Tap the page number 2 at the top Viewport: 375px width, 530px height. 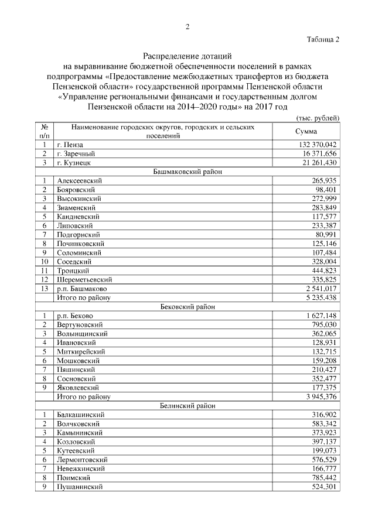pyautogui.click(x=187, y=26)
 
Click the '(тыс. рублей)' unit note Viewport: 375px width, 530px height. pyautogui.click(x=318, y=118)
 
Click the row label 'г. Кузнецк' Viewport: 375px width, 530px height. pyautogui.click(x=73, y=162)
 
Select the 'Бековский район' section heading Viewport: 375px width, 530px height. pyautogui.click(x=187, y=306)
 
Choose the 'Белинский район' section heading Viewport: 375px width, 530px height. pyautogui.click(x=187, y=405)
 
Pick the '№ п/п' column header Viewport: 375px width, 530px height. pyautogui.click(x=44, y=131)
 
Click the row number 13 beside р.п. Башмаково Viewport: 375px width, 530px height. pyautogui.click(x=44, y=289)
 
